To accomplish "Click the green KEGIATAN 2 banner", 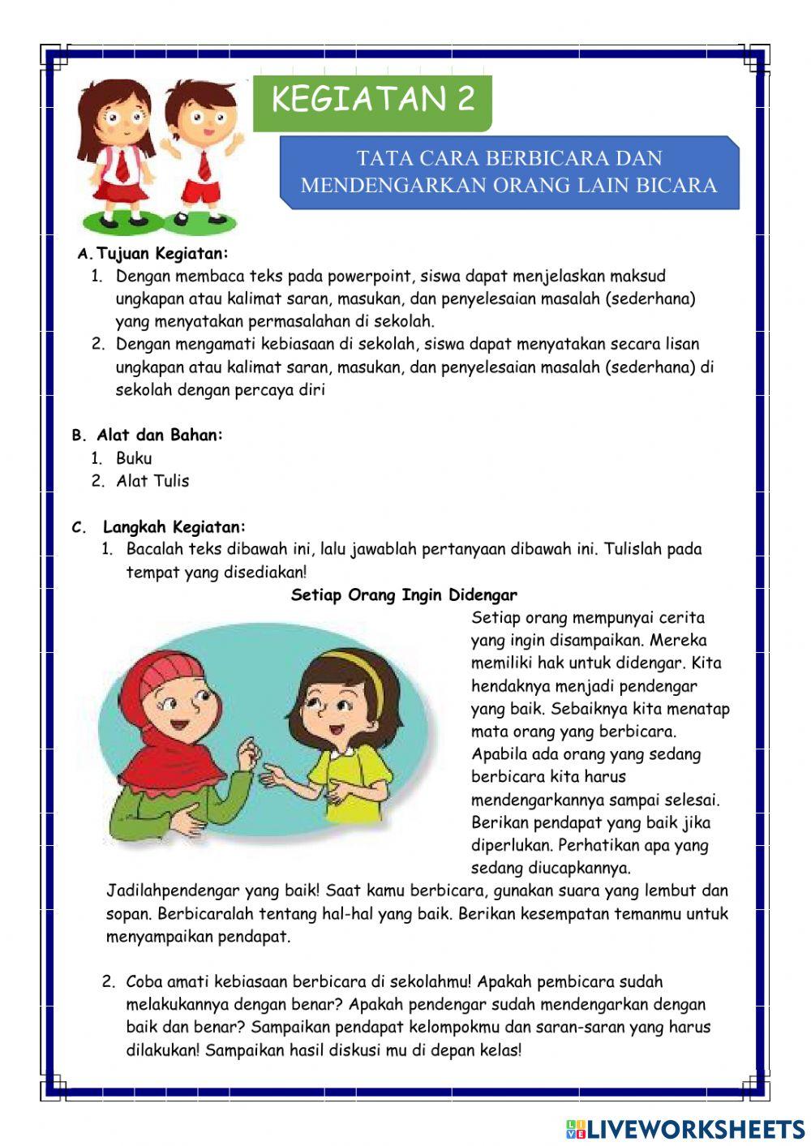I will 372,101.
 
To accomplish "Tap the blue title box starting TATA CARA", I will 508,172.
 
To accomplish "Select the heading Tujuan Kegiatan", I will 162,253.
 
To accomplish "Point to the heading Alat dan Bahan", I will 159,435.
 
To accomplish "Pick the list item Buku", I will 134,458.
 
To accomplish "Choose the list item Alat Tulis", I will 152,481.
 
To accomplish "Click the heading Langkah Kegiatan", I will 174,527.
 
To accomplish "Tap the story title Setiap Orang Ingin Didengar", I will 404,595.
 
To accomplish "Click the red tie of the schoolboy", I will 204,165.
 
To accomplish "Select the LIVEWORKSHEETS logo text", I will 696,1128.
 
